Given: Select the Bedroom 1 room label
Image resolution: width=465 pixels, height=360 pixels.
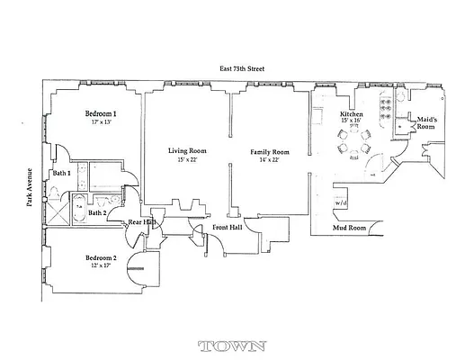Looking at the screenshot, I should pos(101,114).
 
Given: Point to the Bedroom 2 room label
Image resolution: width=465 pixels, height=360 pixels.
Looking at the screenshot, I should pos(102,258).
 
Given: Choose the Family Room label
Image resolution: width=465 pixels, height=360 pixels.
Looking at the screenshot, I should pos(269,152).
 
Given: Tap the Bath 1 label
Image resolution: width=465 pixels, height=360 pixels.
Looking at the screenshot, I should pos(61,172).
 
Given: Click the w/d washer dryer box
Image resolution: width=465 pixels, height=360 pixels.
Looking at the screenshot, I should pos(342,204).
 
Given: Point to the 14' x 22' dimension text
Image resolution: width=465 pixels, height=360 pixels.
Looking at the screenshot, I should pos(269,162).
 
